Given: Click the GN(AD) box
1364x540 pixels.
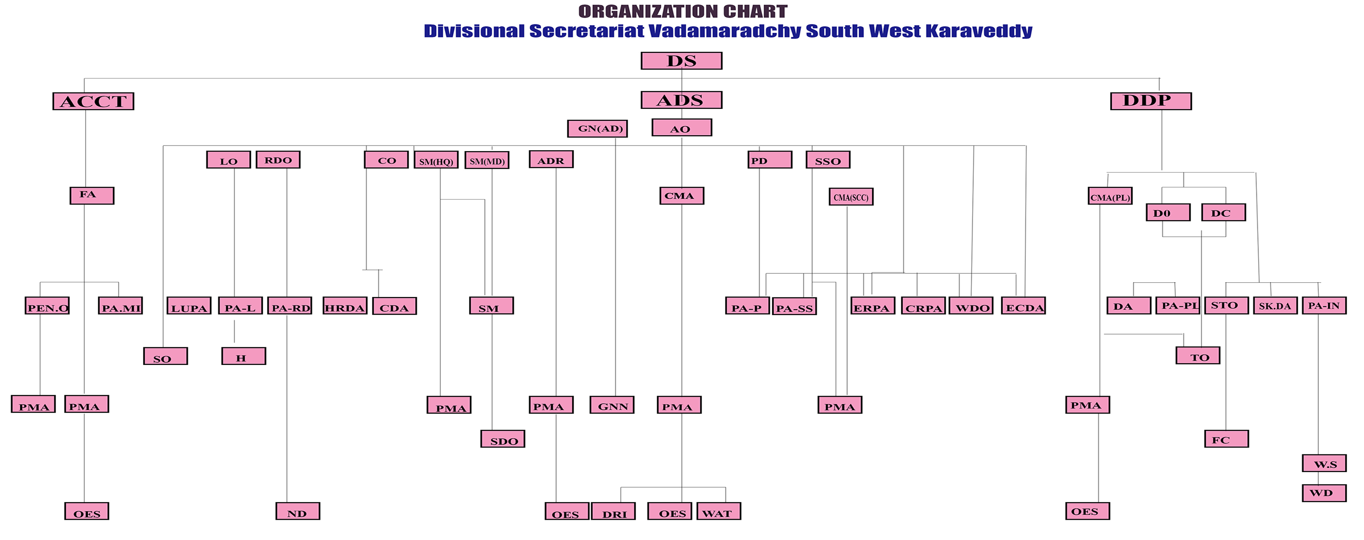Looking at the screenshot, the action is click(x=597, y=129).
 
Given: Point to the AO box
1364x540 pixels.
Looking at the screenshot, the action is click(x=682, y=127).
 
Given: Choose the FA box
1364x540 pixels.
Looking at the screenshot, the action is click(x=92, y=195).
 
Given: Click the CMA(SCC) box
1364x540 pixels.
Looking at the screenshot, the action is click(x=851, y=197).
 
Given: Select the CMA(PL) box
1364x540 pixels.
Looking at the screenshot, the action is click(x=1111, y=196).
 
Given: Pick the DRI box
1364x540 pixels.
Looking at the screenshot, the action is click(x=613, y=511).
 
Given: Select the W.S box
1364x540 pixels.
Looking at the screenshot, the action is click(x=1324, y=463).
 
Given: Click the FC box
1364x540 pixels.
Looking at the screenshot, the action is click(x=1227, y=439).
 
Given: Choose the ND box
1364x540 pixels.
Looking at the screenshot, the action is click(x=298, y=511).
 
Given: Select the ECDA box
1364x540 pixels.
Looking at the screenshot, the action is click(x=1024, y=306).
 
